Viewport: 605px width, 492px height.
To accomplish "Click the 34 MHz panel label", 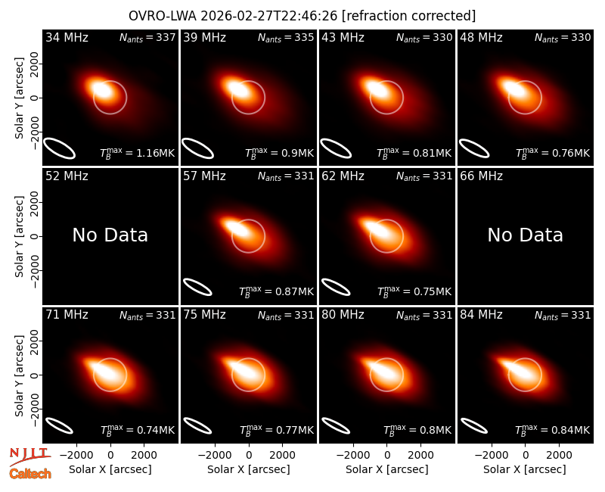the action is (x=67, y=37).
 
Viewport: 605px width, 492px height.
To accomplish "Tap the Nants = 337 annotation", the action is (x=147, y=37).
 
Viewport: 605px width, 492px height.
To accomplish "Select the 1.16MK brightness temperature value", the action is (x=156, y=153).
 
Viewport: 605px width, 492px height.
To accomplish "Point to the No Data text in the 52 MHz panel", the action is (x=110, y=235).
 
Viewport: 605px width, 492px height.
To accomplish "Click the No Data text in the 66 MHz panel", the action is (x=525, y=235).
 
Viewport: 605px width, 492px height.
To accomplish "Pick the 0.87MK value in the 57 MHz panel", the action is (x=294, y=291).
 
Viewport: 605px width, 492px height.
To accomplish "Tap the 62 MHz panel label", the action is (x=343, y=176).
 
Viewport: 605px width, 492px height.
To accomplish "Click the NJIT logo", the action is (x=29, y=456).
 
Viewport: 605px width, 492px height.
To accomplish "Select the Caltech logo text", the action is (x=30, y=474).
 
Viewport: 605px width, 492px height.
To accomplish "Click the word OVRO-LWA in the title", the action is (x=163, y=16).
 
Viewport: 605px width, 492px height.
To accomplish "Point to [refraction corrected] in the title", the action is (x=408, y=16).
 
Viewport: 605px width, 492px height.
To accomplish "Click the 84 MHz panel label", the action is (x=481, y=315).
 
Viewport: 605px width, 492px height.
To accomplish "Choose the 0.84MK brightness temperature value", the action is (x=570, y=430).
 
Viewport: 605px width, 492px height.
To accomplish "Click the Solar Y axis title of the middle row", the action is (x=20, y=236).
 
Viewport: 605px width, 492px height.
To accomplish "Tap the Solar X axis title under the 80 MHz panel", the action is (x=387, y=469).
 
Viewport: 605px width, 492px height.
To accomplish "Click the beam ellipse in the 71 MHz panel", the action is (x=59, y=425).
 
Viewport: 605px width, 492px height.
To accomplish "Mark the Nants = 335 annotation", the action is (x=286, y=37).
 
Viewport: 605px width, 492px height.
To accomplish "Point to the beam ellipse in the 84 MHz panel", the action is (x=474, y=425).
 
